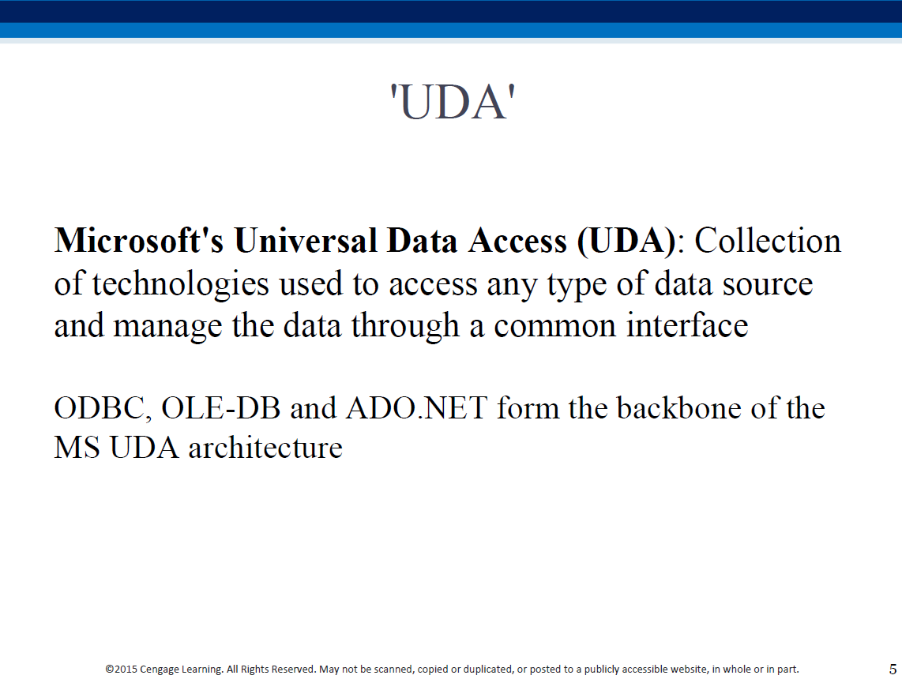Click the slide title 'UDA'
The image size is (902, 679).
(x=452, y=103)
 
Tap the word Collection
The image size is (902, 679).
(x=768, y=240)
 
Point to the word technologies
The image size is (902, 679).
(x=181, y=285)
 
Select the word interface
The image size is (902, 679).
(x=687, y=324)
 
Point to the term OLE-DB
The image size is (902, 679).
(x=221, y=408)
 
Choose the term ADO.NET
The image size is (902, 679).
(x=417, y=408)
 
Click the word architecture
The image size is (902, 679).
(x=265, y=448)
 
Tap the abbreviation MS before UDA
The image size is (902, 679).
(x=77, y=448)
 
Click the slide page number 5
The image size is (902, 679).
(x=893, y=670)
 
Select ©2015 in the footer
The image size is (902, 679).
(x=122, y=670)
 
